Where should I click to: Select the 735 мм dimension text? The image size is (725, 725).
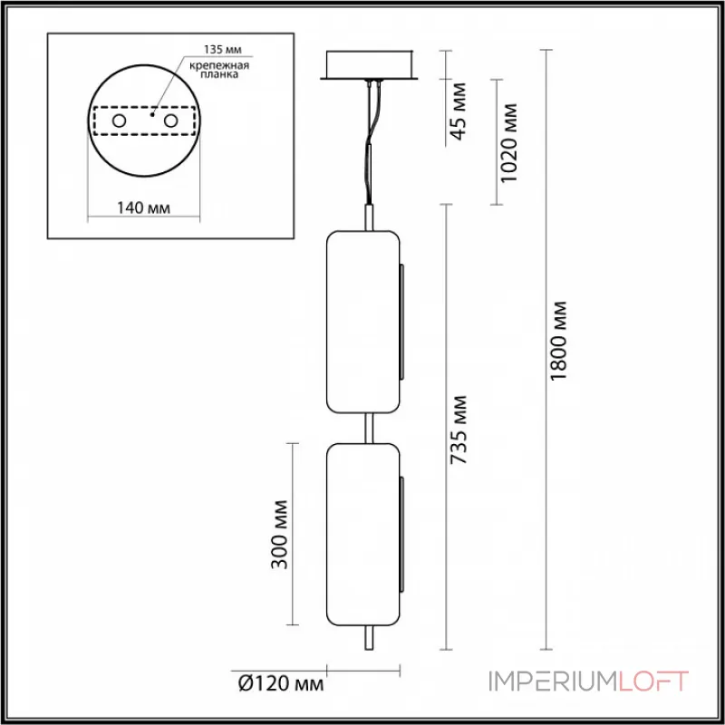click(x=459, y=430)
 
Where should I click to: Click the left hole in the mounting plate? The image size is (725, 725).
click(x=119, y=121)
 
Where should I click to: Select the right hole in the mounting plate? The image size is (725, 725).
click(x=171, y=121)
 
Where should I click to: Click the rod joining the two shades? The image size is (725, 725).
click(x=367, y=427)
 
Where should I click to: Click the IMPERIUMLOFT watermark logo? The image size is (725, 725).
click(x=589, y=681)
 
